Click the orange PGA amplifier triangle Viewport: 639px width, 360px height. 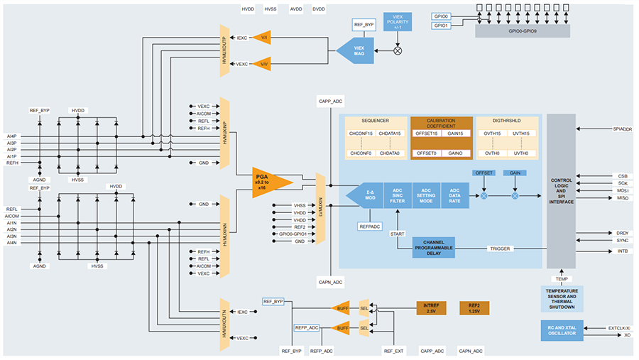(270, 182)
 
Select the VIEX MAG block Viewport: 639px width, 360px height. (355, 50)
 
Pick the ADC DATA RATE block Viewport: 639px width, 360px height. (454, 195)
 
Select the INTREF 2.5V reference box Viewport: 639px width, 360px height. (431, 308)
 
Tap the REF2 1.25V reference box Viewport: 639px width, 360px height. (474, 308)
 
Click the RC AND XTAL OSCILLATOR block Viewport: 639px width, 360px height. (562, 331)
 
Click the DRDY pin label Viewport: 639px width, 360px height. (623, 233)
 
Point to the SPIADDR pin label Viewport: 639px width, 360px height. (621, 129)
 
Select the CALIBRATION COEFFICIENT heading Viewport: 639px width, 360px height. (442, 124)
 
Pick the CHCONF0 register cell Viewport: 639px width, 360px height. (360, 153)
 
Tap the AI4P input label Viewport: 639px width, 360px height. (12, 136)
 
